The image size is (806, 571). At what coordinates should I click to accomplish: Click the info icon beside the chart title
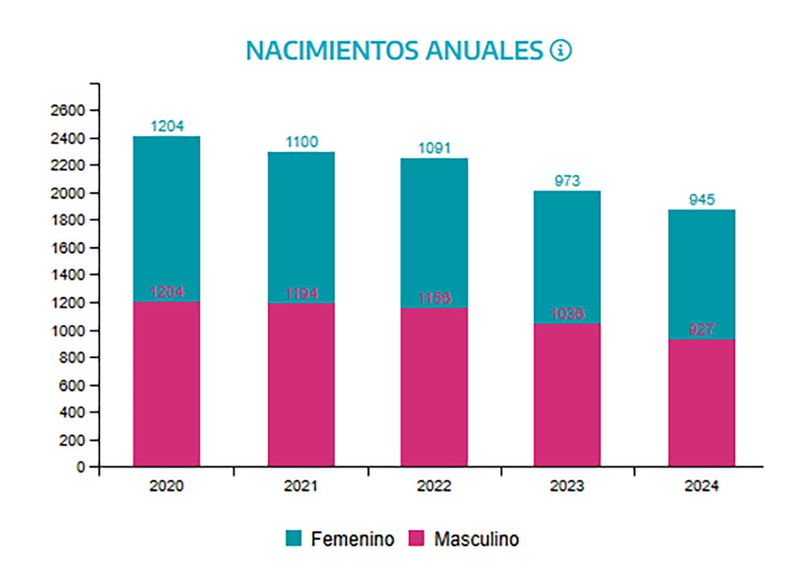tap(560, 51)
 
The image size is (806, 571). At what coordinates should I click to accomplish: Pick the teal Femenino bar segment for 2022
tap(434, 234)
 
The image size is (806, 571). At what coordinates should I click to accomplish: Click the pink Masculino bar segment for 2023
tap(567, 395)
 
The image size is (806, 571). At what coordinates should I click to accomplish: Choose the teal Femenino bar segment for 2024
tap(701, 274)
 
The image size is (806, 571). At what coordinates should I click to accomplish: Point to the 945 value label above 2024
tap(701, 200)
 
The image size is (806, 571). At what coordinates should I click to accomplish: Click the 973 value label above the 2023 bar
tap(567, 180)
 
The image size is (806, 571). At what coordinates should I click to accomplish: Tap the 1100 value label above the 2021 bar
tap(301, 142)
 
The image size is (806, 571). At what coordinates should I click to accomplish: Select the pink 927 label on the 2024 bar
tap(701, 329)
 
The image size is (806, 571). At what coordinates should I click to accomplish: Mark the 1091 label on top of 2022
tap(434, 148)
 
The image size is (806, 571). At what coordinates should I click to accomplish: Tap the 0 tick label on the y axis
tap(81, 466)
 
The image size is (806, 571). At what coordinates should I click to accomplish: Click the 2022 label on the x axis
tap(434, 486)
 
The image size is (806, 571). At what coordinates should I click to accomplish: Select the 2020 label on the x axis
tap(166, 486)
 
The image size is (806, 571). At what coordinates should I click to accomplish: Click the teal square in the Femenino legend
tap(294, 538)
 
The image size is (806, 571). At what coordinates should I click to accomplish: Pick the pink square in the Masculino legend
tap(418, 538)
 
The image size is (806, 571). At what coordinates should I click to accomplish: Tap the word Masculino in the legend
tap(476, 539)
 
